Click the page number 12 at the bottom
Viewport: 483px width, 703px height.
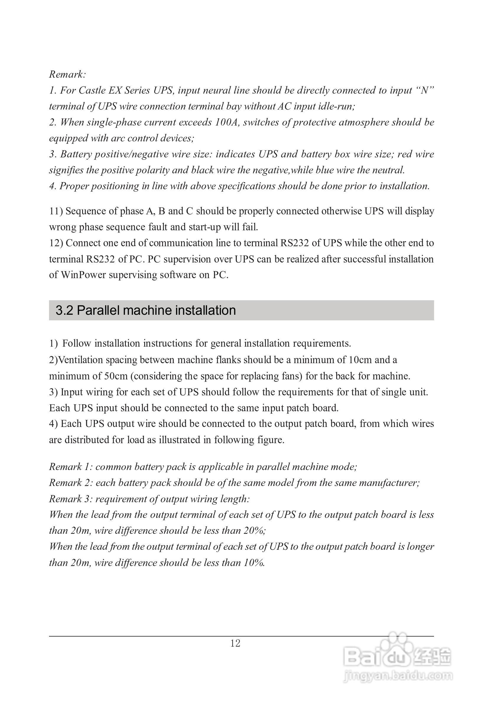point(235,643)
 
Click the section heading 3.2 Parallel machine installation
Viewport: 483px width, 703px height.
point(146,310)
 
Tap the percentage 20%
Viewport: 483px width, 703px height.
point(254,531)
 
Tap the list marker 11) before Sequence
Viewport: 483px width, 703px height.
point(56,211)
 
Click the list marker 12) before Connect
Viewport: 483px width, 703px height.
point(56,243)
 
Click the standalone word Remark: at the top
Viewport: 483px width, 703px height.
point(68,74)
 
